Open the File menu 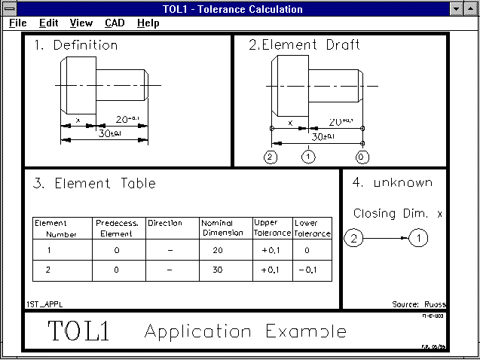[18, 23]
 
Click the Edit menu [48, 23]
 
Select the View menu [81, 23]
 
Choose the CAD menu [115, 23]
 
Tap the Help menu [148, 23]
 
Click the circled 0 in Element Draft [363, 157]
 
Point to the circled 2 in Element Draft [271, 157]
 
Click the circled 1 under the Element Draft [307, 157]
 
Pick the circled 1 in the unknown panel [418, 239]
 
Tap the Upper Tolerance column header [272, 228]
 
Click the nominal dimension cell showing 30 [218, 269]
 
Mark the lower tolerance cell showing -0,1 [311, 269]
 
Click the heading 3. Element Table [94, 183]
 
